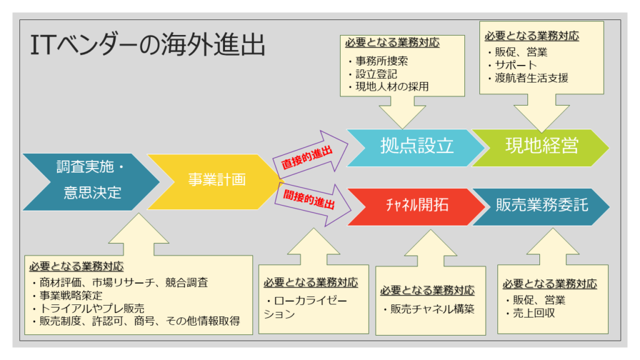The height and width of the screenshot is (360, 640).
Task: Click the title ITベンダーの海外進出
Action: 147,45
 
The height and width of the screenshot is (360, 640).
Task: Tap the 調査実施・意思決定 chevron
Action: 91,182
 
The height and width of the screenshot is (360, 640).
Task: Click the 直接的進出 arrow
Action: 310,155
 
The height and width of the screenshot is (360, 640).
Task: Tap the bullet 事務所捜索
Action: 378,61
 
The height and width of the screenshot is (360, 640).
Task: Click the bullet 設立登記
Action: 373,74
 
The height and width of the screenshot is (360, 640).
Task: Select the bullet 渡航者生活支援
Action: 528,77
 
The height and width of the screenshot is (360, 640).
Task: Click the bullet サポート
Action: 512,65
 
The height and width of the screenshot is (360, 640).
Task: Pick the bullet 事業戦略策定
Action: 67,295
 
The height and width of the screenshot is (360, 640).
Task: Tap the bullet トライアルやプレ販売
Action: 88,308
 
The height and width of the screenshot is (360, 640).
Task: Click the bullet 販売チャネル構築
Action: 429,309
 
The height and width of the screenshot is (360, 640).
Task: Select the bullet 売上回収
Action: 530,313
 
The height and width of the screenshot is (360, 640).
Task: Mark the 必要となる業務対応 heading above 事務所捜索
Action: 392,42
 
